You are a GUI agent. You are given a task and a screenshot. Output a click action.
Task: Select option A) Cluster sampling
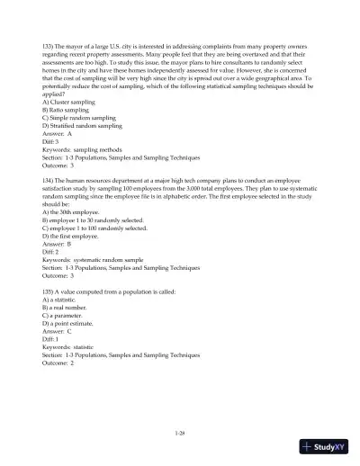pyautogui.click(x=67, y=102)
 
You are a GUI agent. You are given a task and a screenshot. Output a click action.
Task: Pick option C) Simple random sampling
pyautogui.click(x=77, y=118)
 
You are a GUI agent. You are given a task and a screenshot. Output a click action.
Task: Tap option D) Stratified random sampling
pyautogui.click(x=82, y=127)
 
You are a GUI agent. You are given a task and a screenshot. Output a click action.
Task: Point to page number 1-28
pyautogui.click(x=179, y=434)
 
